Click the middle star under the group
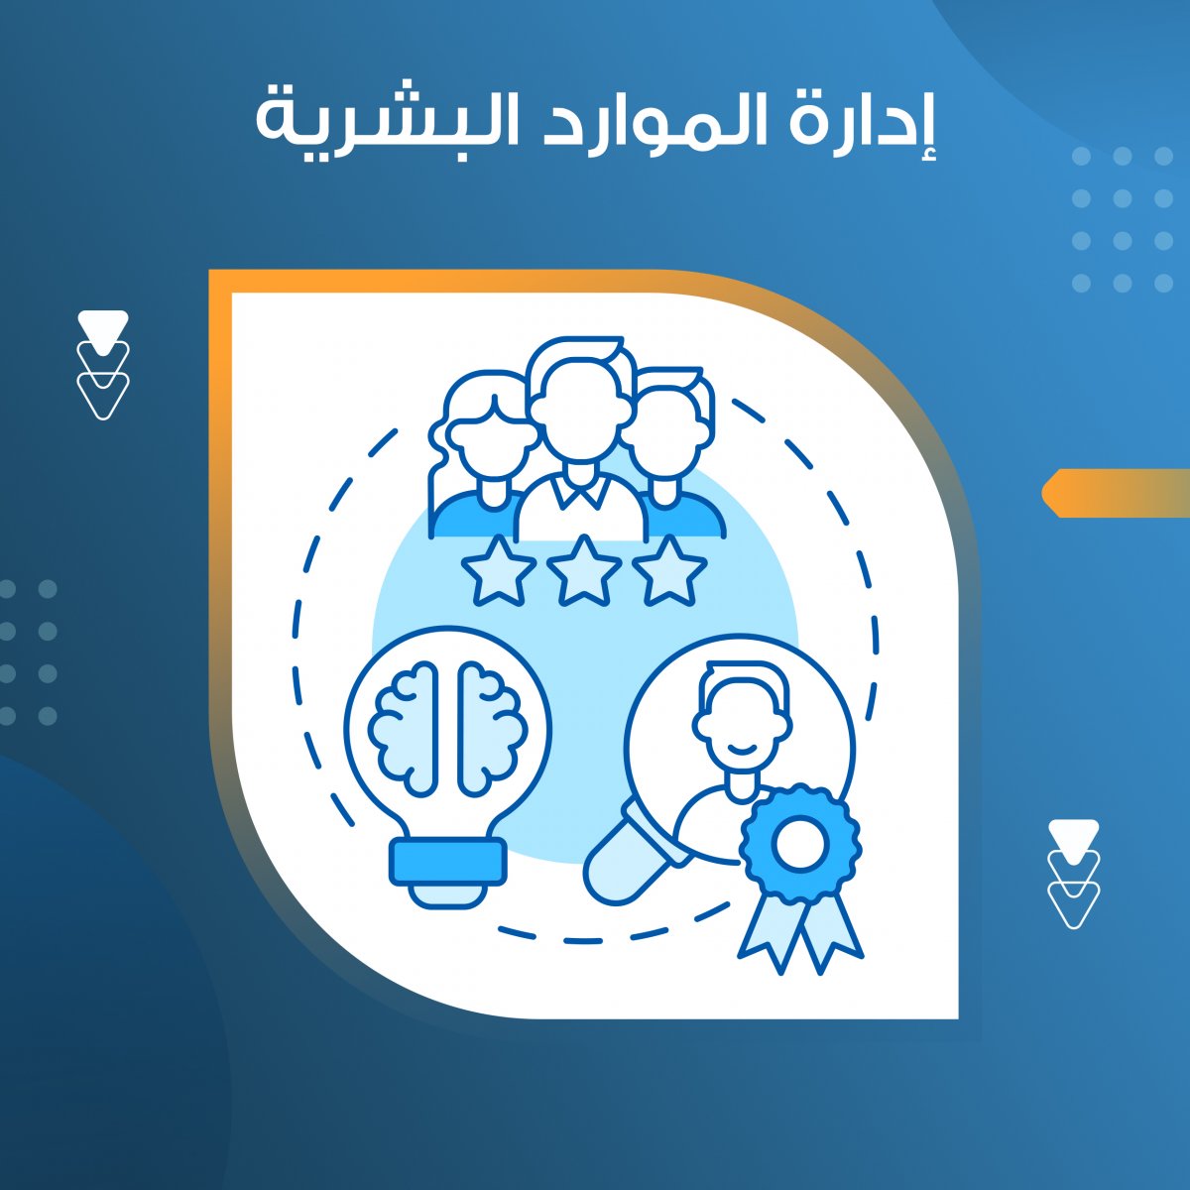pos(584,570)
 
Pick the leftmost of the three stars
pos(499,570)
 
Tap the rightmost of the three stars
pos(669,570)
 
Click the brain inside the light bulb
pos(448,729)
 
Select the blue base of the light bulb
pos(448,862)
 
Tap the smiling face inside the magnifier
pos(741,729)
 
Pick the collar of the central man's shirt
pos(578,493)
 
